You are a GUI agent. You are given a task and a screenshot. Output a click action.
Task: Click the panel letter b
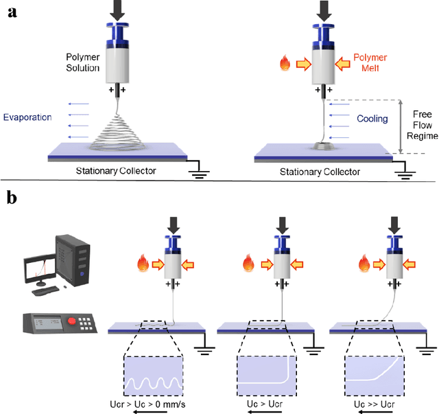click(x=12, y=199)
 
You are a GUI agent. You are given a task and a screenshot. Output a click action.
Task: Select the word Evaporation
click(x=27, y=117)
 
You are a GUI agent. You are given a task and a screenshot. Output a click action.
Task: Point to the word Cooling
click(x=373, y=118)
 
